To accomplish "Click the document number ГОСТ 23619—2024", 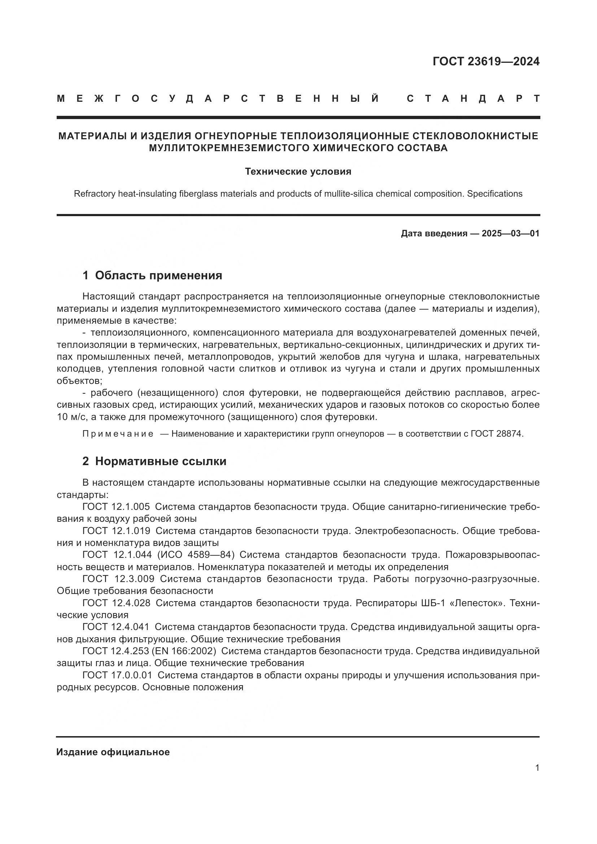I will pyautogui.click(x=485, y=61).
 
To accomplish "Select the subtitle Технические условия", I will pyautogui.click(x=298, y=172).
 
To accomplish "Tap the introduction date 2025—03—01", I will pyautogui.click(x=510, y=233).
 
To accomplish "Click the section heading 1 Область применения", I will pyautogui.click(x=152, y=275).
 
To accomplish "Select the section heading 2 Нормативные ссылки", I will pyautogui.click(x=154, y=462).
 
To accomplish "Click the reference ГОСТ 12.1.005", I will pyautogui.click(x=116, y=507).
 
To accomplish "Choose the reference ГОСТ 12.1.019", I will pyautogui.click(x=116, y=531).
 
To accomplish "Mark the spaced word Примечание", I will pyautogui.click(x=118, y=434).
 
